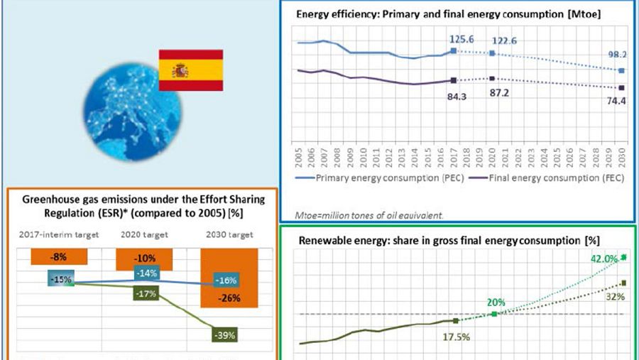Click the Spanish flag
point(190,70)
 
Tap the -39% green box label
point(226,334)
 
